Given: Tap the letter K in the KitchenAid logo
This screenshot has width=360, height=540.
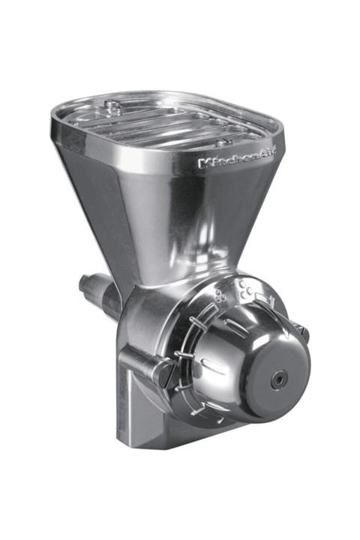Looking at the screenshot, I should coord(203,162).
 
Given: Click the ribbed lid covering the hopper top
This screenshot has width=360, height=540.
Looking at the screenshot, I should coord(165,120).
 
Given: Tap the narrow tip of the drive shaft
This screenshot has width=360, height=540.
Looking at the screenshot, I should coord(83,282).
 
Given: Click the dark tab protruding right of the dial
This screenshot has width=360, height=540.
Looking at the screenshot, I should coord(301,329).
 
